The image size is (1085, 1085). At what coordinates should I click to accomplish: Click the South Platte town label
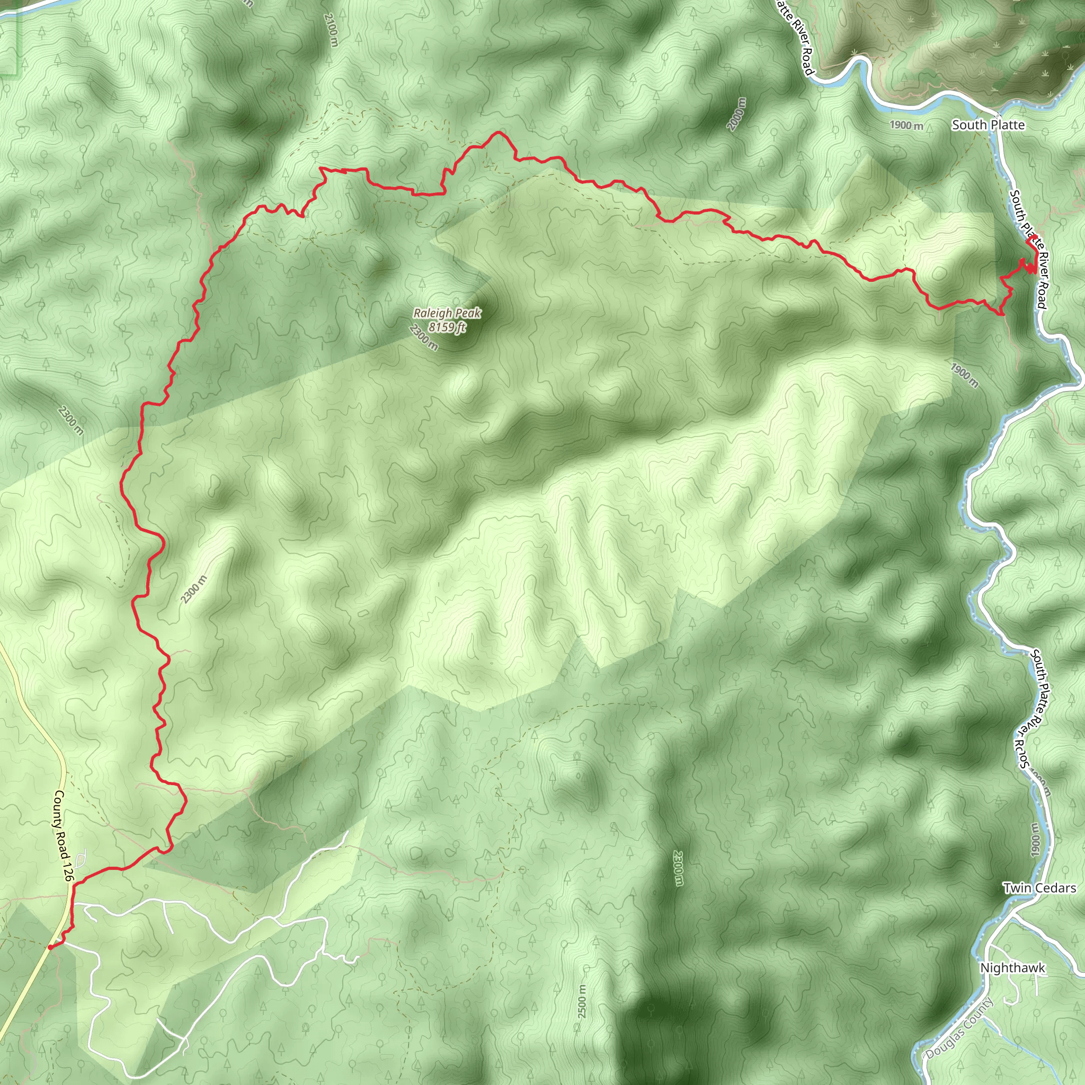click(988, 124)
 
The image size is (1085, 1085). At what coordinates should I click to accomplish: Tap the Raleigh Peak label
click(447, 314)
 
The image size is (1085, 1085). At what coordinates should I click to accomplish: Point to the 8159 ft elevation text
click(447, 327)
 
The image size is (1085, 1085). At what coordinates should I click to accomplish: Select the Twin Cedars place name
click(1039, 888)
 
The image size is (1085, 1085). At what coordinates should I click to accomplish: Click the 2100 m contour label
click(331, 31)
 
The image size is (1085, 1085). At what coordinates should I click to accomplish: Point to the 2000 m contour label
click(737, 114)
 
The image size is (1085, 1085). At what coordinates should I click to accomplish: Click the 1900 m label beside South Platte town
click(906, 124)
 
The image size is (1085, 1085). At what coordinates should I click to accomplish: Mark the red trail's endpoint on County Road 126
click(50, 947)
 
